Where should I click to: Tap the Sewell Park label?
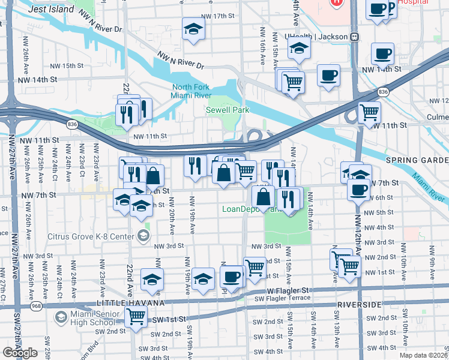(x=227, y=110)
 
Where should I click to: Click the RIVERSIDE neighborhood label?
(x=360, y=305)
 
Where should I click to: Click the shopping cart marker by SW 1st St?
(x=136, y=316)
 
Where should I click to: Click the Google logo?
(x=19, y=352)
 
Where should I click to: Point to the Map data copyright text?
(x=423, y=355)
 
